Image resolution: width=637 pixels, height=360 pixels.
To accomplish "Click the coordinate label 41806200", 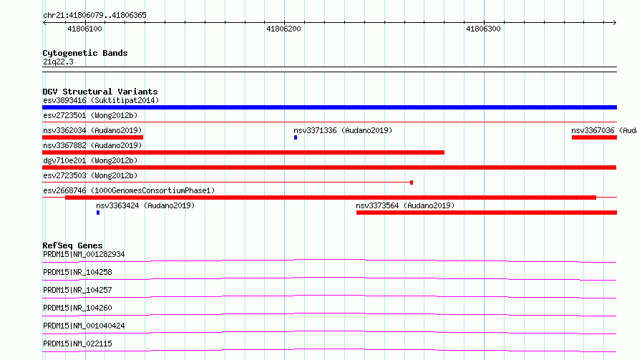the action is pos(283,29).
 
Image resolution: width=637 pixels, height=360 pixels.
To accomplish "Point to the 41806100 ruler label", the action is pos(84,29).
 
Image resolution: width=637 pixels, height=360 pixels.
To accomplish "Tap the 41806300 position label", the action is pos(483,29).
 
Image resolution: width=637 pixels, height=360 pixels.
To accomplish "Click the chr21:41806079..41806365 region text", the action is pos(94,15).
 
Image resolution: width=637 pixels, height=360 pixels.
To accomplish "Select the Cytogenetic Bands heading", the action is pos(85,53).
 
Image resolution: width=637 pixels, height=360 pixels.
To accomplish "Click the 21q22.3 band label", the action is pos(58,62).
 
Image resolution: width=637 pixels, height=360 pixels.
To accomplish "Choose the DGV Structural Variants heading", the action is pos(100,92).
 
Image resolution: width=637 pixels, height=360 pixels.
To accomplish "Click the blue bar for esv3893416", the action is pos(329,107).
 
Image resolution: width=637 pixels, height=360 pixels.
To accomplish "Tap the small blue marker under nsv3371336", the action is pos(296,137).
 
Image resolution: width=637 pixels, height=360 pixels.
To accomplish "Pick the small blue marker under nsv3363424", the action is pos(98,213).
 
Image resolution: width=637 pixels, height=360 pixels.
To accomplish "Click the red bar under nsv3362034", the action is pos(92,137).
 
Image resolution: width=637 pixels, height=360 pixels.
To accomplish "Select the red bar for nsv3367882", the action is pos(243,152).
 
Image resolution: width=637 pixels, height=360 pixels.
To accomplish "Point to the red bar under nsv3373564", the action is pos(487,213).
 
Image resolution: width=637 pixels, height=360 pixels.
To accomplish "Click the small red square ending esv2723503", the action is pos(412,183).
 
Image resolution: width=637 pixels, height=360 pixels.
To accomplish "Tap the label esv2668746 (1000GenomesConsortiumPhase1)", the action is pos(129,190).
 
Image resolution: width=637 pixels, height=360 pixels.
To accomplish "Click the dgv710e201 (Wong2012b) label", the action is pos(90,160).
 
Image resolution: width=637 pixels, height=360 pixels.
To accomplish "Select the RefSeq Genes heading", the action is pos(72,245).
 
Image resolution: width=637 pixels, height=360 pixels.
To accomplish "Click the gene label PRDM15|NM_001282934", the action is pos(84,254).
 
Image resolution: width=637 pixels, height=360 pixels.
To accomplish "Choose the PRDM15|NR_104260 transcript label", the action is pos(77,308).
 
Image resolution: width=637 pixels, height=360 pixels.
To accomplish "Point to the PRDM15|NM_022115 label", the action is pos(77,344).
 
